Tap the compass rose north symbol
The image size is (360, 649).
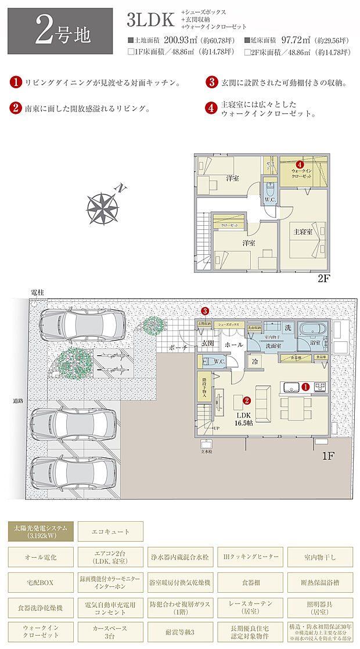(x=103, y=205)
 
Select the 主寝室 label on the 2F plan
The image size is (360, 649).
(x=301, y=232)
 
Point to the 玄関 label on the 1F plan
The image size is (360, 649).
(x=208, y=344)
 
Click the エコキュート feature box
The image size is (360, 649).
(x=110, y=531)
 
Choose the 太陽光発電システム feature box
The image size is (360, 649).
(x=41, y=531)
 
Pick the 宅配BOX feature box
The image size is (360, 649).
(x=41, y=581)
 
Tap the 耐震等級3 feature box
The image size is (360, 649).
(x=180, y=630)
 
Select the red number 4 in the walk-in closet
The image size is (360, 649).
(x=300, y=164)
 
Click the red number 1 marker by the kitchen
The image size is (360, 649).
(x=305, y=387)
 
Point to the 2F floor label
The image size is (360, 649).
(x=323, y=278)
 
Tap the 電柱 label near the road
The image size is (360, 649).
(x=37, y=291)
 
